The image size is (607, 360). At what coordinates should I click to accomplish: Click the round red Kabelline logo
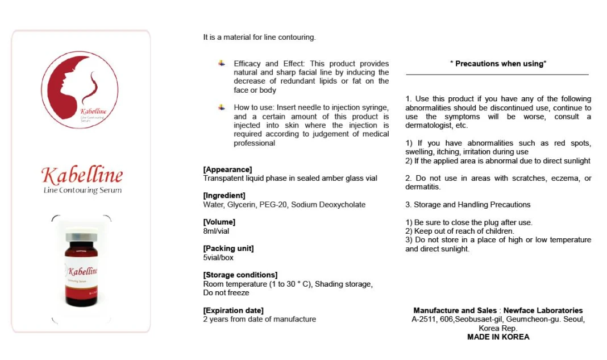coord(80,89)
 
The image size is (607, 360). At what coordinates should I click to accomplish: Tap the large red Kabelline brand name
coord(82,175)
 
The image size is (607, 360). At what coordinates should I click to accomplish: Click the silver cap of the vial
coord(81,237)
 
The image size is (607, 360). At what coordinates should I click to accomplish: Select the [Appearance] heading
coord(227,169)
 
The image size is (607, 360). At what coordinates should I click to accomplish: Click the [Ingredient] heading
coord(224,196)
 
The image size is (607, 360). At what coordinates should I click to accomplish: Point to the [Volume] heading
coord(219,222)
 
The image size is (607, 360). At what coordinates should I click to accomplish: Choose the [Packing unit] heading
coord(228,249)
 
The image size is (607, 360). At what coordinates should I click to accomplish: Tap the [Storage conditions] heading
coord(240,275)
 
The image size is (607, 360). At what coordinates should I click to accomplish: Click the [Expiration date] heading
coord(233,311)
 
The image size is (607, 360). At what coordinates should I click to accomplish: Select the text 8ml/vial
coord(216,231)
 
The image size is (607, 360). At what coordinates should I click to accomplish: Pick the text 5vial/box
coord(218,258)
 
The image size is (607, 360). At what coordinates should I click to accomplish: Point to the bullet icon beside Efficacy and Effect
coord(222,63)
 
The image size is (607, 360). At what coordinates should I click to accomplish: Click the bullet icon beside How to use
coord(222,107)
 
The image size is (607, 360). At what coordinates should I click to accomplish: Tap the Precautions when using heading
coord(498,64)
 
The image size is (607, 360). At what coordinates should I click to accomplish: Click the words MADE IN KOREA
coord(498,337)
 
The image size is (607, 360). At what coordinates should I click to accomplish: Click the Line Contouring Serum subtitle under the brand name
coord(82,190)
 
